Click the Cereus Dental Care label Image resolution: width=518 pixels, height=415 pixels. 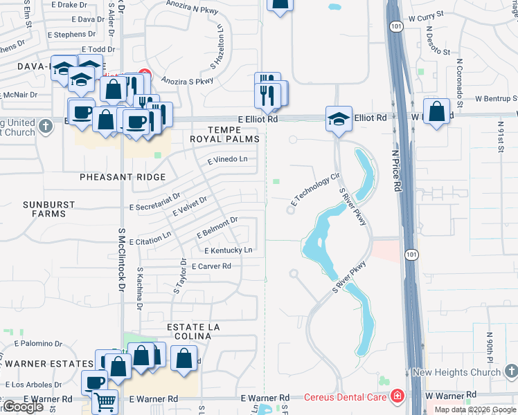tap(346, 396)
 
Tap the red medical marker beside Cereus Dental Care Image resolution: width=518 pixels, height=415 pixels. tap(398, 396)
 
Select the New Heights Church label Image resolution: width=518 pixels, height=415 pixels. tap(456, 372)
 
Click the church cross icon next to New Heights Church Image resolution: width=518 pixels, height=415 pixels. tap(510, 372)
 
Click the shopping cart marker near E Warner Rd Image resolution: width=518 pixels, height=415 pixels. tap(105, 401)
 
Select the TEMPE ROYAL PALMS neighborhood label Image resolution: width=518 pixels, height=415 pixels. tap(226, 134)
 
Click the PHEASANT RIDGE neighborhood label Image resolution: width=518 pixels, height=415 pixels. tap(123, 177)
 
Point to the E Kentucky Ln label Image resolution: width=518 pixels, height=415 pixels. tap(228, 250)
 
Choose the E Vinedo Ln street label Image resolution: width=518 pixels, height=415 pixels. tap(227, 160)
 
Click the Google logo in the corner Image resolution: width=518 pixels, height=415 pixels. tap(23, 407)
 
